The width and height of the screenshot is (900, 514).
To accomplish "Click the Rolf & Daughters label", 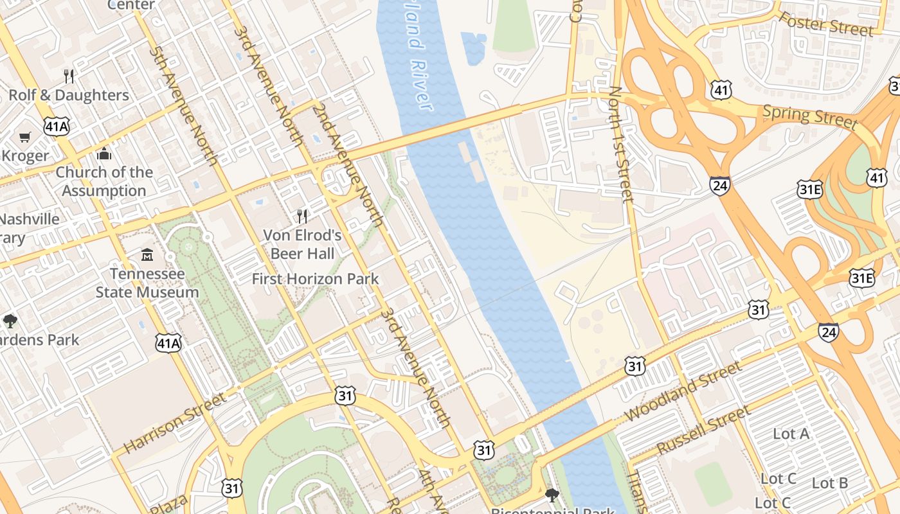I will point(69,95).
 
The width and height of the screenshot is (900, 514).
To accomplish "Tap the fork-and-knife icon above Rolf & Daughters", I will point(69,76).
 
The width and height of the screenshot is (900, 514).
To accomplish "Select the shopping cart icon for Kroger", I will point(25,137).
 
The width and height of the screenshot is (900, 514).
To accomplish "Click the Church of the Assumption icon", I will point(104,154).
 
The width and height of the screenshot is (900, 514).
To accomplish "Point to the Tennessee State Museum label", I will point(147,283).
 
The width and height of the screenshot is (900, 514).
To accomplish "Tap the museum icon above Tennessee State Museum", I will point(147,255).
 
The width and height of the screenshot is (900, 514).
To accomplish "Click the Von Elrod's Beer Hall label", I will point(302,244).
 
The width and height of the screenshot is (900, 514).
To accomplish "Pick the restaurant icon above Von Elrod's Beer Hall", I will point(302,217).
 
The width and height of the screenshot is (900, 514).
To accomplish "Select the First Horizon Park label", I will point(315,279).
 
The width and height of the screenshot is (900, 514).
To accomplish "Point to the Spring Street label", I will point(809,117).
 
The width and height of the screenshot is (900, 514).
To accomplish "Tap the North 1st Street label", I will point(621,144).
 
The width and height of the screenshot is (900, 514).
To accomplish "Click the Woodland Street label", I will point(683,391).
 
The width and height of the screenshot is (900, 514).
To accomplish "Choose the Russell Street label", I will point(703,430).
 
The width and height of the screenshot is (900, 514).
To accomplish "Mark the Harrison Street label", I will point(174,423).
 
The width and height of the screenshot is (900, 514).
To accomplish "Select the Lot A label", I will point(791,434).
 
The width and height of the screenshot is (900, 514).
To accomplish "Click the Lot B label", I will point(830,483).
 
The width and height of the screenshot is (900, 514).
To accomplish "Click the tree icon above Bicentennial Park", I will point(552,495).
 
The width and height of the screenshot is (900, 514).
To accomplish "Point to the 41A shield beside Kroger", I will point(56,127).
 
